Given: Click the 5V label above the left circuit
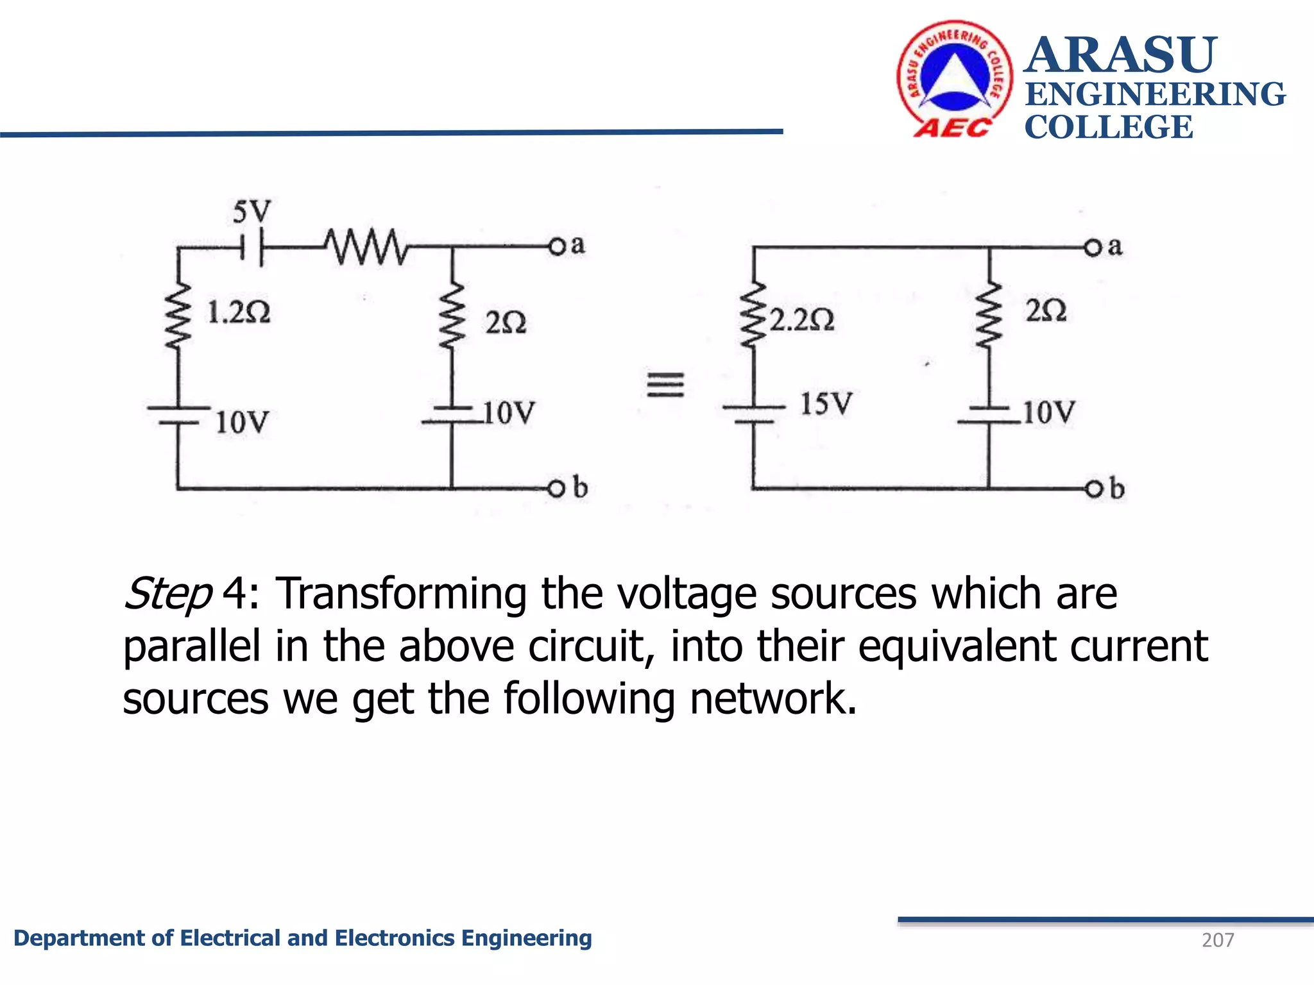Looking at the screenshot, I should pyautogui.click(x=252, y=211).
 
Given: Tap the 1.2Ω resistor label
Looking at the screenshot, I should pyautogui.click(x=238, y=312).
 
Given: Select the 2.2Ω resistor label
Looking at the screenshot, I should pyautogui.click(x=802, y=319).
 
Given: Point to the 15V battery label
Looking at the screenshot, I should pyautogui.click(x=826, y=404).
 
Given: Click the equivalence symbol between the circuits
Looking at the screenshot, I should pyautogui.click(x=665, y=385).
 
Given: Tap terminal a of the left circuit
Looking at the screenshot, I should pyautogui.click(x=557, y=246).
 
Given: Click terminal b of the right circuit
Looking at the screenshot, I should pyautogui.click(x=1093, y=489).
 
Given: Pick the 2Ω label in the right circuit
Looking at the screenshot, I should pyautogui.click(x=1046, y=310).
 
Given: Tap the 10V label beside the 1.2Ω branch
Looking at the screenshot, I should pyautogui.click(x=241, y=423).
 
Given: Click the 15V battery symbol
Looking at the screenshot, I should pyautogui.click(x=753, y=414).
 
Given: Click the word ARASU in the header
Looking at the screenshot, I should pyautogui.click(x=1120, y=55).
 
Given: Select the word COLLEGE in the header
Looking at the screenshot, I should pyautogui.click(x=1108, y=127).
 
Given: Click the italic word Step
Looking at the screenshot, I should pyautogui.click(x=167, y=594).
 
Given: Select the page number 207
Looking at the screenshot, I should pyautogui.click(x=1217, y=940).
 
